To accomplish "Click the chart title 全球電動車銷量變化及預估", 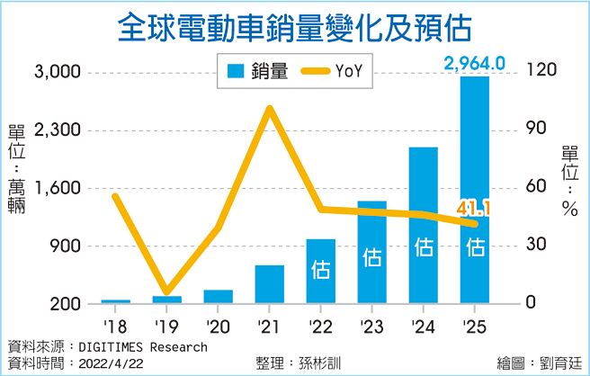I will pos(295,28).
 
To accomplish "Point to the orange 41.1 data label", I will pos(473,210).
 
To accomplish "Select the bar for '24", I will pos(423,225).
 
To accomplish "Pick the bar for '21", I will pos(269,283).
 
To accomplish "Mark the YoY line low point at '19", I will pos(166,292).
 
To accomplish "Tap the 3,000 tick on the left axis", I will pos(58,73).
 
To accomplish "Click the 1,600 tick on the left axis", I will pos(58,189).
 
